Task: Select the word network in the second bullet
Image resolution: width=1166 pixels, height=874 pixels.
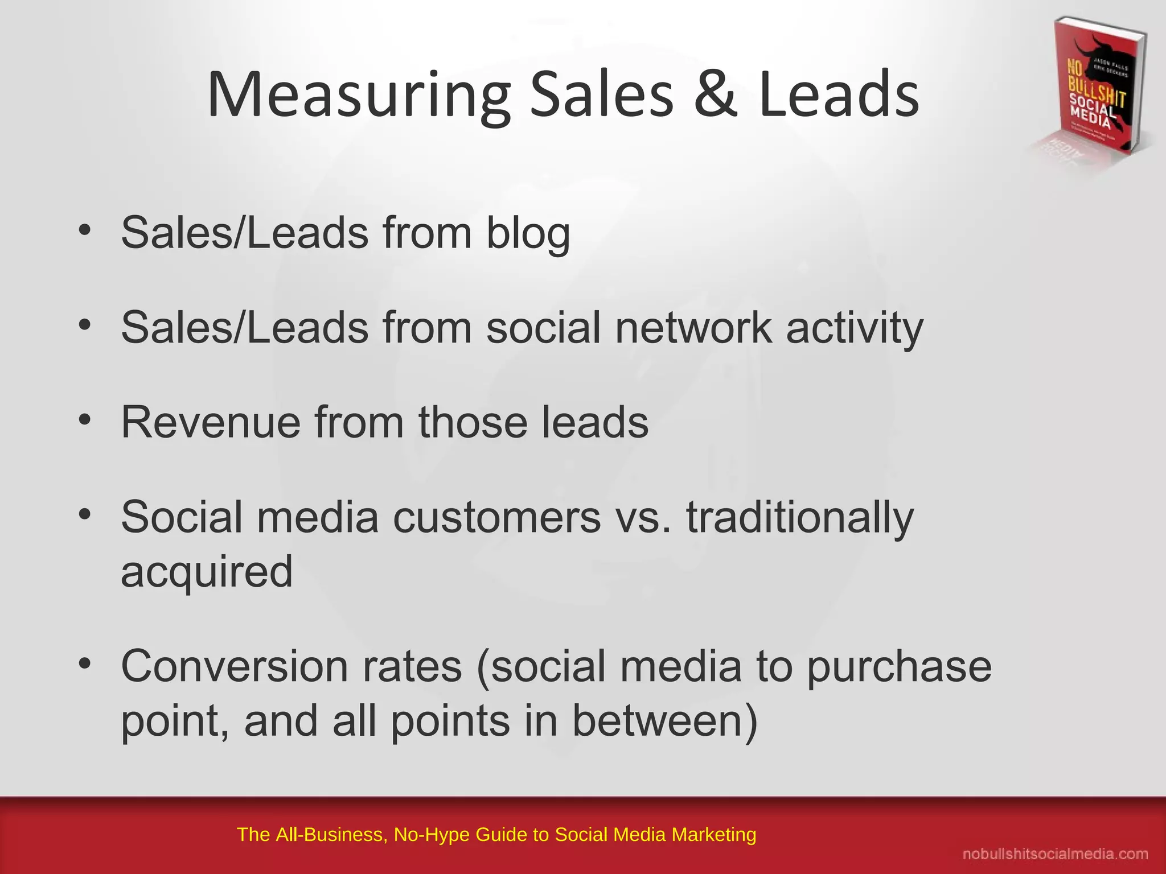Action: click(693, 328)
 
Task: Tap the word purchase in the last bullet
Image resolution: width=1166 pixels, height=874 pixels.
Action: click(899, 667)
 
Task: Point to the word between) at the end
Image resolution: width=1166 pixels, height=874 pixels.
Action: click(664, 721)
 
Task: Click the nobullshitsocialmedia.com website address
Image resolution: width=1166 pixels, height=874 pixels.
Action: click(1055, 854)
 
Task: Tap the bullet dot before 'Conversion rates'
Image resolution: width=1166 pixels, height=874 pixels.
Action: click(85, 664)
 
